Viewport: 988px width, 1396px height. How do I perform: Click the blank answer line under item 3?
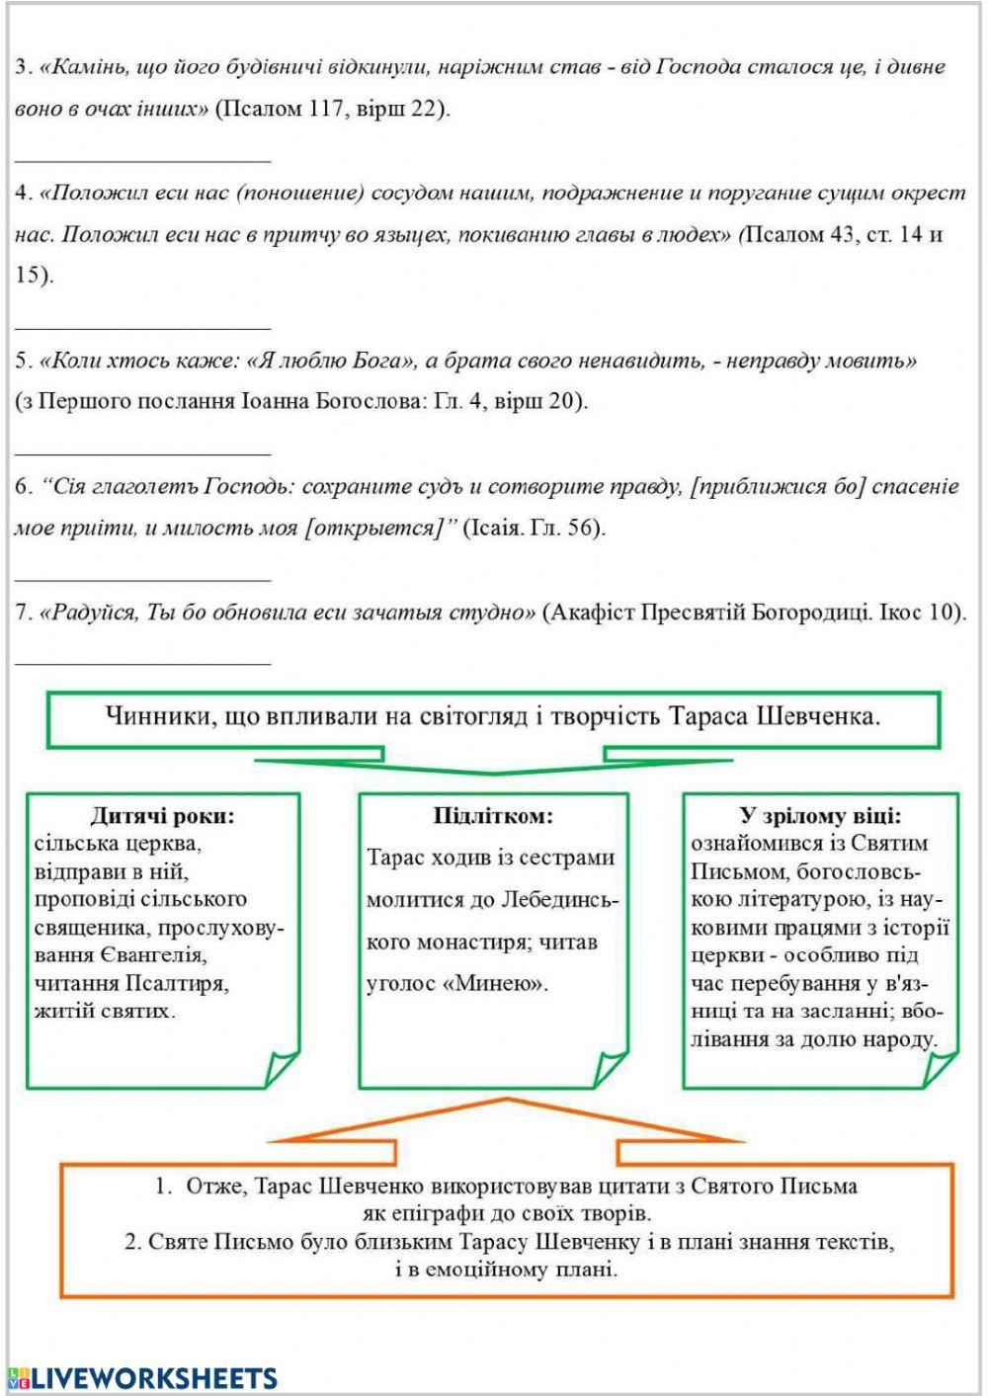142,155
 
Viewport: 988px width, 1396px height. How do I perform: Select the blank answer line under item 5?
142,451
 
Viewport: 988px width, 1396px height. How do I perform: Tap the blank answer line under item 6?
142,574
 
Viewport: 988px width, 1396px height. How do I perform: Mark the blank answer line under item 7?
142,660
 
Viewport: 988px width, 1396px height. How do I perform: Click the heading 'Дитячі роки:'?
162,816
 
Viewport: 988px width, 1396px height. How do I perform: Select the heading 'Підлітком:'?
493,816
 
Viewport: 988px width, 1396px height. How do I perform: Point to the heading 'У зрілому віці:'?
820,816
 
